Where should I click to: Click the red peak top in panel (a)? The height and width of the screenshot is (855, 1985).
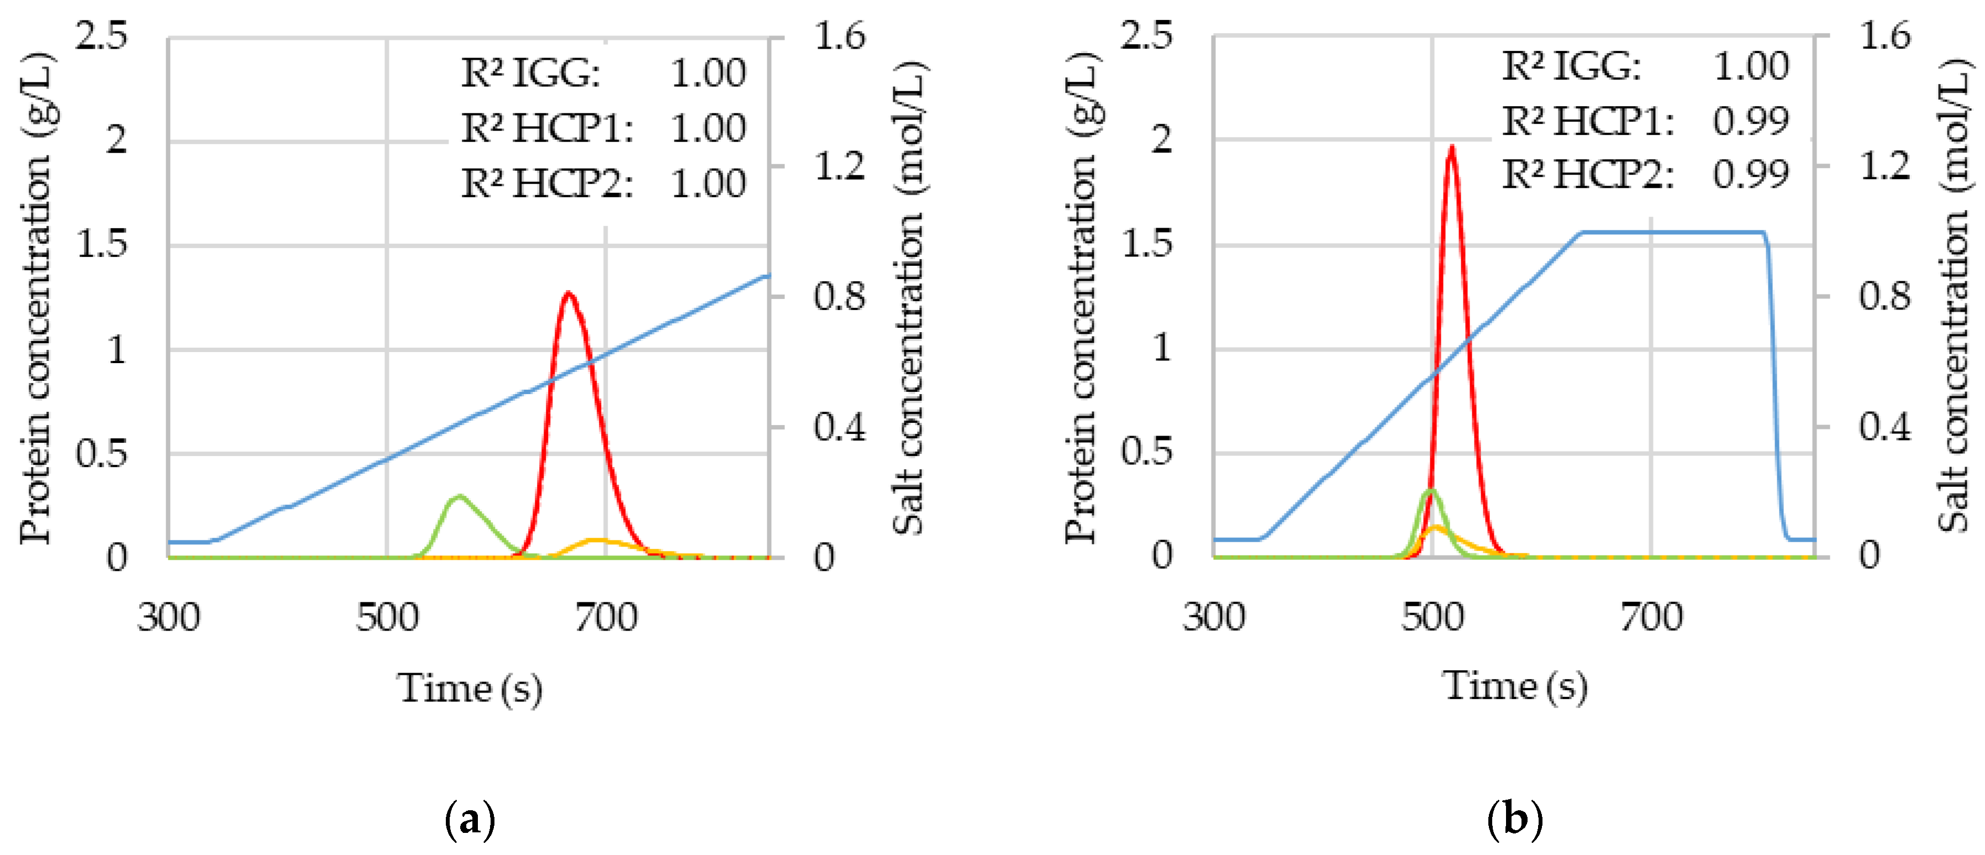(568, 293)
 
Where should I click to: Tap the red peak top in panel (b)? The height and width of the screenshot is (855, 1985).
(1452, 147)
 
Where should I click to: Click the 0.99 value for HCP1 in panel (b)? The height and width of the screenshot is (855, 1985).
(1751, 121)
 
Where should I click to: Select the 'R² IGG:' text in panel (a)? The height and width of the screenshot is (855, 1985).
(530, 74)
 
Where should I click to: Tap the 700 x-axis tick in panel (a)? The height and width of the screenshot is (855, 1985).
(605, 617)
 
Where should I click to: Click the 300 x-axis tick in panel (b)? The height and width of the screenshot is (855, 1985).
(1214, 617)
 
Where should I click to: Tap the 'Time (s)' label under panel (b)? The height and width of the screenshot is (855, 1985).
(1515, 685)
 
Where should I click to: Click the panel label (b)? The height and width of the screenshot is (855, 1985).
(1515, 819)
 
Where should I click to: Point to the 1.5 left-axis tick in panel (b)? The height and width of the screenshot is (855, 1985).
(1146, 244)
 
